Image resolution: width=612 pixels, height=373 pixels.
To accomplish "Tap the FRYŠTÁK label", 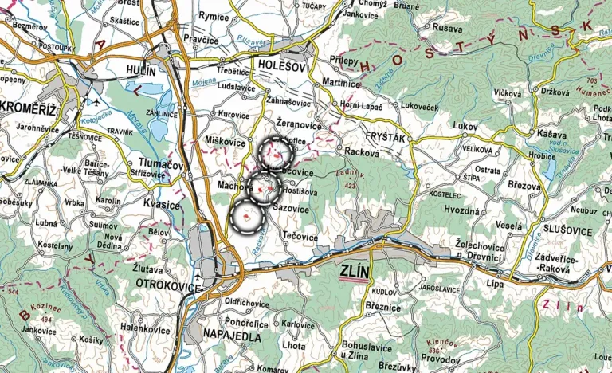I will (x=384, y=138).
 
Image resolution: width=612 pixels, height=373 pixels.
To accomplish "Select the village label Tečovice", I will (x=300, y=237).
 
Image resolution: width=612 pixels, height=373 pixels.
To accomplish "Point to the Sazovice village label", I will (x=291, y=207).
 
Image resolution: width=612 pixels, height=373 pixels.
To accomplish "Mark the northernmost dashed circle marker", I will (x=276, y=153).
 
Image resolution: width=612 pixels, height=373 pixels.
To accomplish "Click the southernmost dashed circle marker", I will (x=248, y=217).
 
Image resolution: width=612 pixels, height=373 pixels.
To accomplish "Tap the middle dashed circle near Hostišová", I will (x=265, y=188).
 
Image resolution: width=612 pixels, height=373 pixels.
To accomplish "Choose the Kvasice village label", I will (x=162, y=206).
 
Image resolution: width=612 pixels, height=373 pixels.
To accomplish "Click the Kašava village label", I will (x=551, y=135).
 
